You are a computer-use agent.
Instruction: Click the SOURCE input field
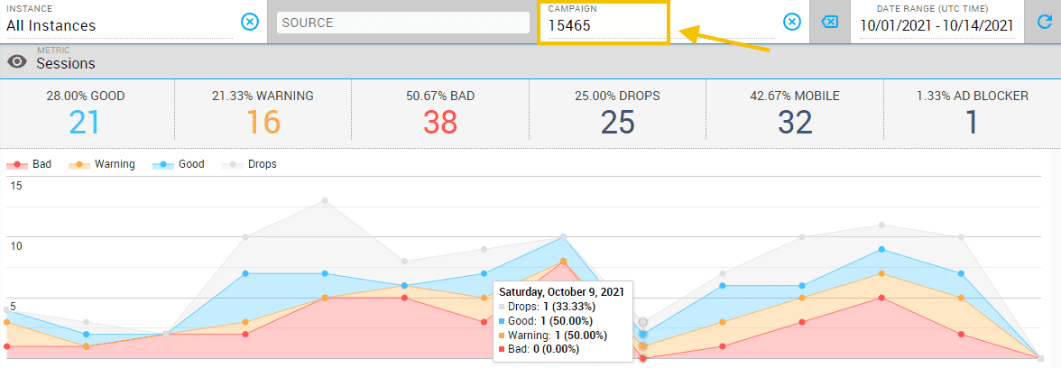(x=402, y=23)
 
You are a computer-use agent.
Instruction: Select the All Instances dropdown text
(x=51, y=25)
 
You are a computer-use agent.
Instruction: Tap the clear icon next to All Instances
(x=250, y=22)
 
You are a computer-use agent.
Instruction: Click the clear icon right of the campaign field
(x=791, y=22)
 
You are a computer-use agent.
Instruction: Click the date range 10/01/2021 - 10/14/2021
(x=936, y=25)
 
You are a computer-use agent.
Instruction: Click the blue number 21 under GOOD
(x=84, y=123)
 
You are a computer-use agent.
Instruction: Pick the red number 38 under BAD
(x=439, y=123)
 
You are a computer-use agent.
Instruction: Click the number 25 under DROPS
(x=617, y=123)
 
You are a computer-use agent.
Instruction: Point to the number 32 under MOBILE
(x=795, y=123)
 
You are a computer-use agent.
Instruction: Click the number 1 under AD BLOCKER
(x=972, y=123)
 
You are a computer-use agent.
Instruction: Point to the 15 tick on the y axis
(x=15, y=186)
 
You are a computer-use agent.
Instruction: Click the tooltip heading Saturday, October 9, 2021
(x=562, y=292)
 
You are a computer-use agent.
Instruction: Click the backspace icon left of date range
(x=829, y=22)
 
